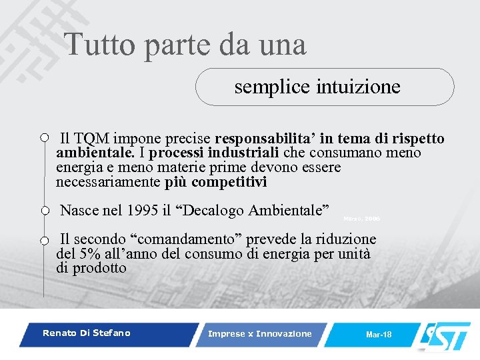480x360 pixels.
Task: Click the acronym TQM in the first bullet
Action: pyautogui.click(x=92, y=139)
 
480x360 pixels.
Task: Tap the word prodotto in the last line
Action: pyautogui.click(x=99, y=268)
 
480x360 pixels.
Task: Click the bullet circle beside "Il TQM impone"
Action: pyautogui.click(x=44, y=138)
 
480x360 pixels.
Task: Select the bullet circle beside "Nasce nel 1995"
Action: pyautogui.click(x=44, y=211)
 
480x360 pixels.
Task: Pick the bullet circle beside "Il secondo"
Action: pyautogui.click(x=44, y=240)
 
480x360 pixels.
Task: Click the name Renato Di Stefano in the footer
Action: pyautogui.click(x=87, y=333)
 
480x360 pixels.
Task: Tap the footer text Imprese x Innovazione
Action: pyautogui.click(x=259, y=333)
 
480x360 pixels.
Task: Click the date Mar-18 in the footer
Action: pyautogui.click(x=379, y=334)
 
